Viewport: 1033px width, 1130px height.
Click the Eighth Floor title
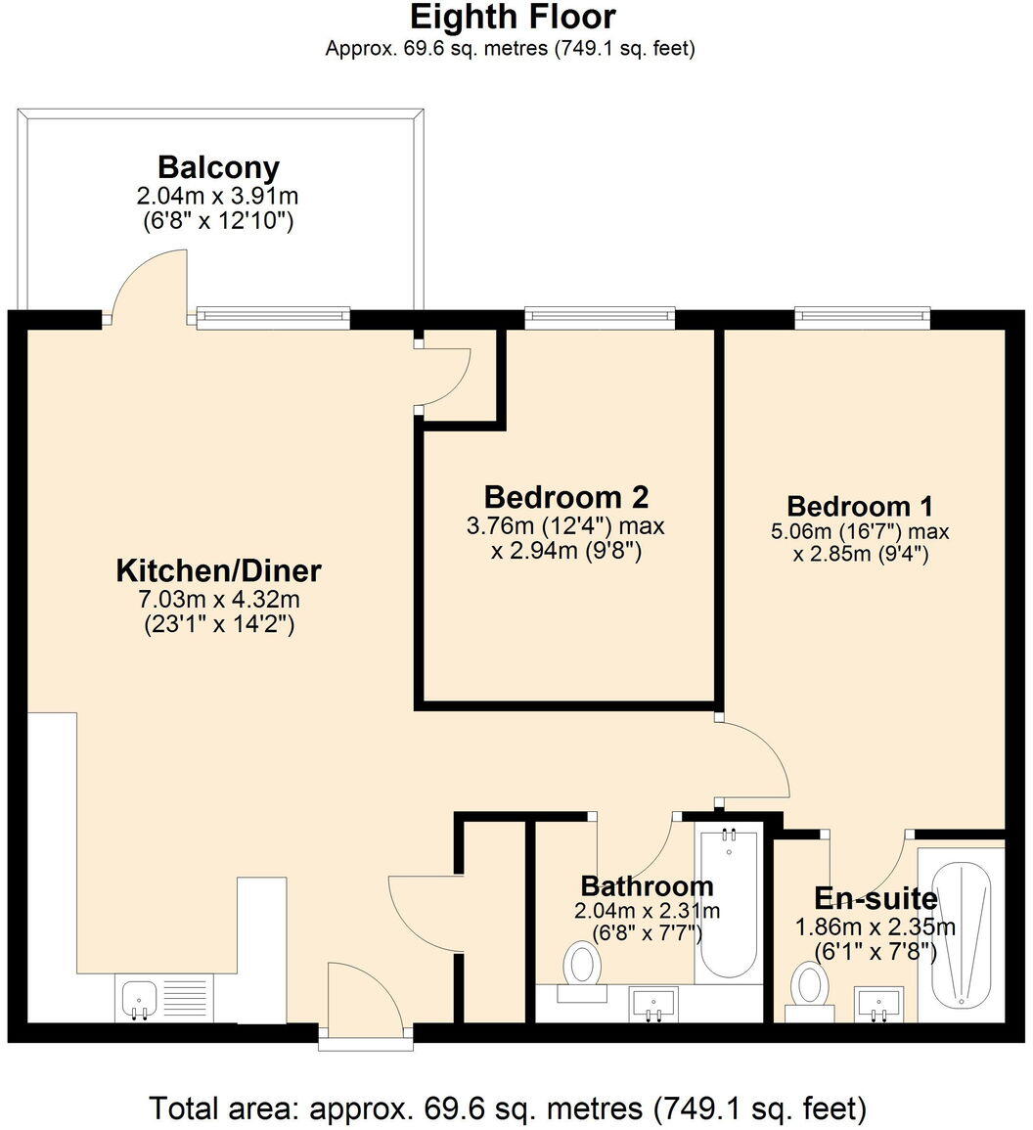point(512,18)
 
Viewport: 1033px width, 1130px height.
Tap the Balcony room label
point(218,166)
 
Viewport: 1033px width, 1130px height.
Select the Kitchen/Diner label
point(218,570)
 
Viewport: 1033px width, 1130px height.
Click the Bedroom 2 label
point(566,496)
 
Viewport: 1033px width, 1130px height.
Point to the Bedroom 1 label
point(860,506)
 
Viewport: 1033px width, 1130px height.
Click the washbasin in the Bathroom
point(653,1003)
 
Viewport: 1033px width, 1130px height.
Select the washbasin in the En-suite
point(878,1003)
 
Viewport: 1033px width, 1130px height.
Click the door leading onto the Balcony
point(149,286)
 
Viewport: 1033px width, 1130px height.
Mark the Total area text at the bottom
point(508,1108)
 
